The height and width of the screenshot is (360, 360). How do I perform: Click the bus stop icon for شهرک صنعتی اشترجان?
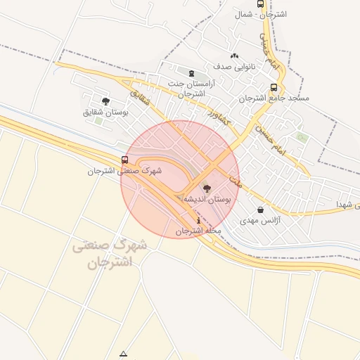(x=125, y=160)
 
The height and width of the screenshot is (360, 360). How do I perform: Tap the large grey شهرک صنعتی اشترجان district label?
(x=109, y=255)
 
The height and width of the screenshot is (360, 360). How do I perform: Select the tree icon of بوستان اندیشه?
(x=206, y=188)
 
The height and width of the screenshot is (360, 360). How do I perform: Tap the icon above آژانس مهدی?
(x=261, y=210)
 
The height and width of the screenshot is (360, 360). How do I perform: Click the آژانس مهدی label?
(x=261, y=221)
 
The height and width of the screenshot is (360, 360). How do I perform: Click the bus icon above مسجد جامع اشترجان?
(x=274, y=88)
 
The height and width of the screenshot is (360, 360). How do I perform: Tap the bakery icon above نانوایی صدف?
(x=234, y=56)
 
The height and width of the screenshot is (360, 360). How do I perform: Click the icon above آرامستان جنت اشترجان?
(x=191, y=72)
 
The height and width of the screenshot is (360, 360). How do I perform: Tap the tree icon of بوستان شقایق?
(x=105, y=101)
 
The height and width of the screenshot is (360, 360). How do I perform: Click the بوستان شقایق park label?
(x=103, y=112)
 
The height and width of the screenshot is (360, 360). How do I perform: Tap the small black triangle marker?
(x=124, y=354)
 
